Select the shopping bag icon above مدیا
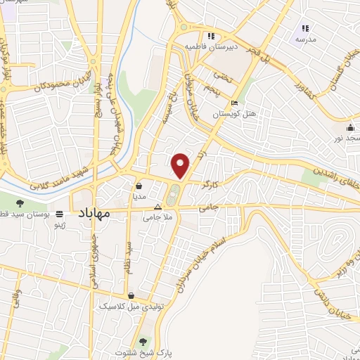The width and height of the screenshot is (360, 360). [x=139, y=186]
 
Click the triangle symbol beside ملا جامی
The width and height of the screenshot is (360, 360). [x=157, y=207]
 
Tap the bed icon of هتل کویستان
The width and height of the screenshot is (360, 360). [x=234, y=104]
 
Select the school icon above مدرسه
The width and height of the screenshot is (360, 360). [x=305, y=28]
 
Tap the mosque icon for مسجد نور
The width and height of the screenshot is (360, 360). [x=350, y=127]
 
